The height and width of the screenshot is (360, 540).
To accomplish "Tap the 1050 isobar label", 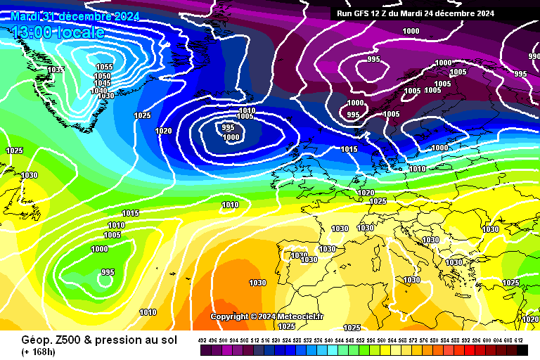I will click(102, 76).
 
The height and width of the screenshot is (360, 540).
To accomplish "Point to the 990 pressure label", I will click(534, 56).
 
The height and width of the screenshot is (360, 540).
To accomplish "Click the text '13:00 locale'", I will click(58, 32).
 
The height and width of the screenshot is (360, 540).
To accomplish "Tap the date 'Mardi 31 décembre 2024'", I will click(75, 16).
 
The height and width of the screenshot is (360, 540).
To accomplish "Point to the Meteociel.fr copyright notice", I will click(266, 316).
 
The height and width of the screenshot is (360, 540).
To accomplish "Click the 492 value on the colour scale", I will click(203, 340).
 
